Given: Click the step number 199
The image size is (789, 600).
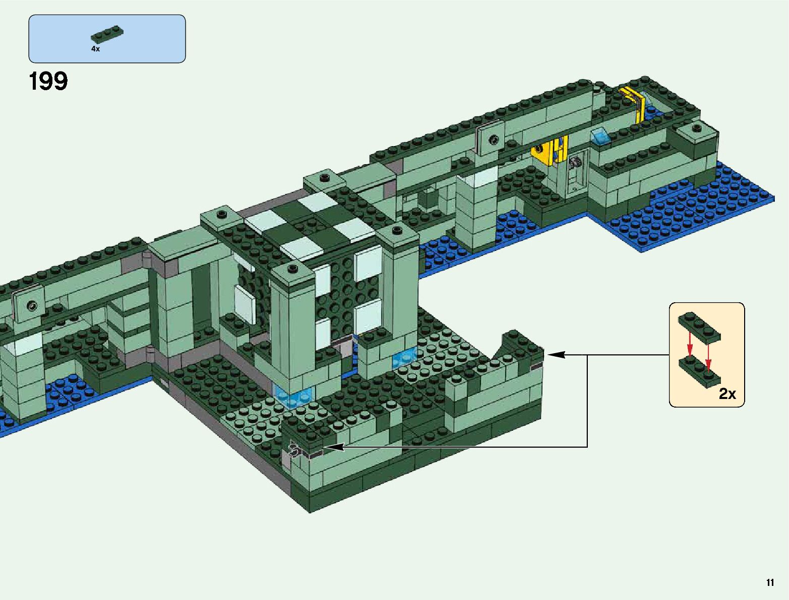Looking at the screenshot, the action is [x=48, y=81].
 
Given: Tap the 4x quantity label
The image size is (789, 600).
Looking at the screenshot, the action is [x=95, y=49].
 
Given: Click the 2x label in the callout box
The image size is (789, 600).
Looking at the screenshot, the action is [x=727, y=393].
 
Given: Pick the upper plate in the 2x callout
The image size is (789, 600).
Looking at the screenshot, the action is [x=699, y=326].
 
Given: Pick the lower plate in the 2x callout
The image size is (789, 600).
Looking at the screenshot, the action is [x=699, y=368].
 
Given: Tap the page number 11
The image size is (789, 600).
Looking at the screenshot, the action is [x=770, y=583].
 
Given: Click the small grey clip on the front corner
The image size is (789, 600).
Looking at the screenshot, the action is [x=294, y=448].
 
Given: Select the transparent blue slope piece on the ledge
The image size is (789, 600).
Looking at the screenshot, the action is [x=600, y=136].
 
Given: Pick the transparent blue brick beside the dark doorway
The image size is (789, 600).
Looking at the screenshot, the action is [x=405, y=358].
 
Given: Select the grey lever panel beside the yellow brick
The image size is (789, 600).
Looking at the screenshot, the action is [x=576, y=166].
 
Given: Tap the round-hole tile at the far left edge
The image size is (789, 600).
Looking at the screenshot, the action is [x=32, y=305].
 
